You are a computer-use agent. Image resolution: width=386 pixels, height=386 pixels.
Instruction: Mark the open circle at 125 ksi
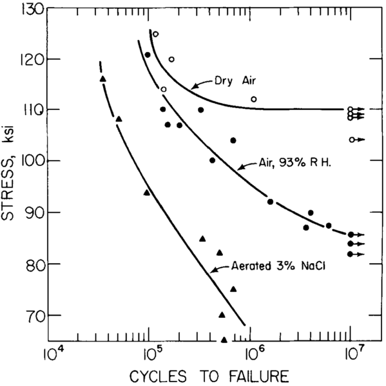pyautogui.click(x=155, y=34)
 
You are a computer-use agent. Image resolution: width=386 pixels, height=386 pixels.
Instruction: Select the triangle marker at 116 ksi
pyautogui.click(x=103, y=78)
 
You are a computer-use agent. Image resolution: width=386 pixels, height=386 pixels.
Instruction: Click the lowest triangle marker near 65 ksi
pyautogui.click(x=224, y=340)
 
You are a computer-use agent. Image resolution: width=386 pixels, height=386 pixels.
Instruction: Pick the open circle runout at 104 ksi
pyautogui.click(x=351, y=140)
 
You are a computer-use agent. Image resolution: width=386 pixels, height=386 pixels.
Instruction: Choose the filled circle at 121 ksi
pyautogui.click(x=148, y=55)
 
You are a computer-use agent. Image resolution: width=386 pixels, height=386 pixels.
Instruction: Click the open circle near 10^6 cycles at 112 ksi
pyautogui.click(x=254, y=99)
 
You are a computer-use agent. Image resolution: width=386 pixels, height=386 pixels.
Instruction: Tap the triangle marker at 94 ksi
pyautogui.click(x=147, y=192)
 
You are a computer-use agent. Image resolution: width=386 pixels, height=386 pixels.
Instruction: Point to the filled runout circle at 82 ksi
pyautogui.click(x=350, y=254)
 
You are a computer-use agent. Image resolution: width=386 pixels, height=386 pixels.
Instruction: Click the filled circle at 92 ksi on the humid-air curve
pyautogui.click(x=270, y=201)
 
